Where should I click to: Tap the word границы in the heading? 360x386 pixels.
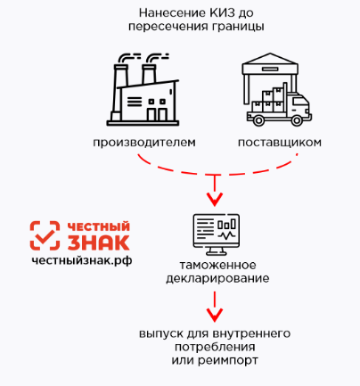tap(238, 27)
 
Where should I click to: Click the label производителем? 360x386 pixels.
tap(144, 143)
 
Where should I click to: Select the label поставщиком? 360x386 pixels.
tap(280, 143)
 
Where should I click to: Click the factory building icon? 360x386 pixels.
tap(143, 89)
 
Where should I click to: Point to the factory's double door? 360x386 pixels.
tap(157, 114)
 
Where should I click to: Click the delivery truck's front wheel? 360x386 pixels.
tap(297, 120)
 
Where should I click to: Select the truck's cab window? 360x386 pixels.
tap(299, 103)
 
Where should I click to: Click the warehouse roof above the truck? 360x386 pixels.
tap(270, 63)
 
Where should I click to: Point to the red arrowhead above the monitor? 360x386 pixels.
tap(215, 199)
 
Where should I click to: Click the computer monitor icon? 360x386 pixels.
tap(217, 234)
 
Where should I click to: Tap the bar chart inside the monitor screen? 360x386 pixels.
tap(226, 224)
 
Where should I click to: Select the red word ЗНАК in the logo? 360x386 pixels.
tap(99, 242)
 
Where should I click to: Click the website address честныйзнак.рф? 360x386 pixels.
tap(82, 260)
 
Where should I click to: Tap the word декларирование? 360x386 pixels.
tap(217, 279)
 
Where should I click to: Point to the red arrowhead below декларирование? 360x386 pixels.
tap(215, 315)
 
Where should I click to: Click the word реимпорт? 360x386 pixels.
tap(228, 361)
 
